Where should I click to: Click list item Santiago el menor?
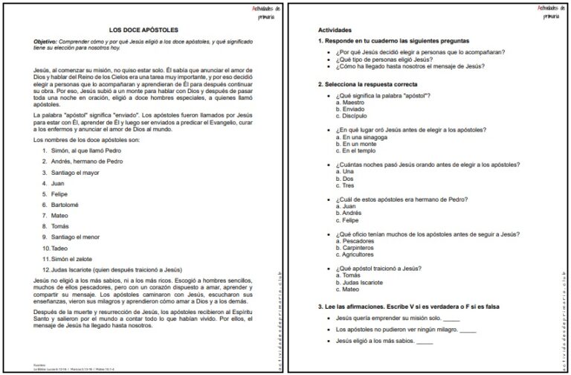(x=80, y=237)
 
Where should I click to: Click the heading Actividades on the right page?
(x=335, y=29)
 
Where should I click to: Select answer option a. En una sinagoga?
(x=363, y=137)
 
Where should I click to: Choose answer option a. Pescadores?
(x=358, y=240)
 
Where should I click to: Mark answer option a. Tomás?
(x=350, y=275)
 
